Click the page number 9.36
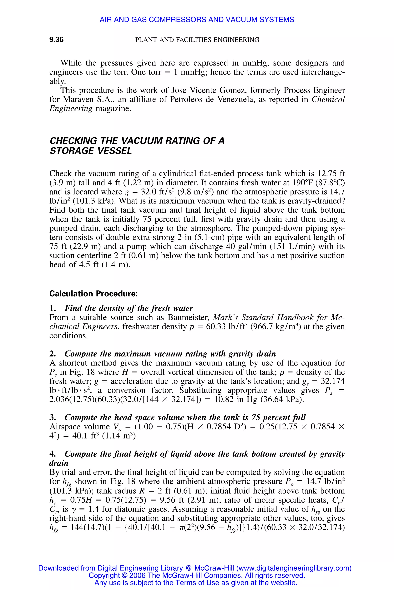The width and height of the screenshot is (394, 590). pyautogui.click(x=56, y=40)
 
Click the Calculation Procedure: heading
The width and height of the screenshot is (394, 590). pyautogui.click(x=93, y=294)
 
